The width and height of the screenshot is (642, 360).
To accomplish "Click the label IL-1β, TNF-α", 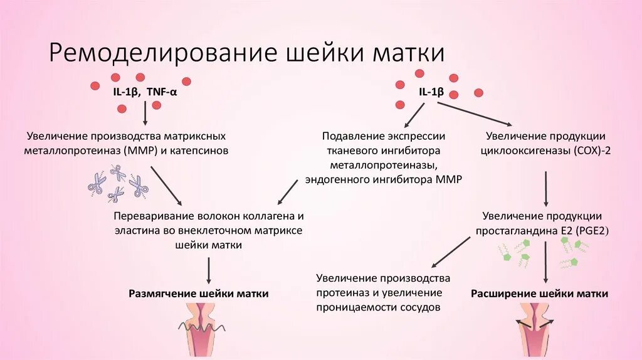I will point(146,92).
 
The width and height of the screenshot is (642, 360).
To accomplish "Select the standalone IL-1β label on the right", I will point(431,92).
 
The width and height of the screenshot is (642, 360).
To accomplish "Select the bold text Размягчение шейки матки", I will point(199,294).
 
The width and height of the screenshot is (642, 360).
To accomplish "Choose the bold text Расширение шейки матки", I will point(539,294).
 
